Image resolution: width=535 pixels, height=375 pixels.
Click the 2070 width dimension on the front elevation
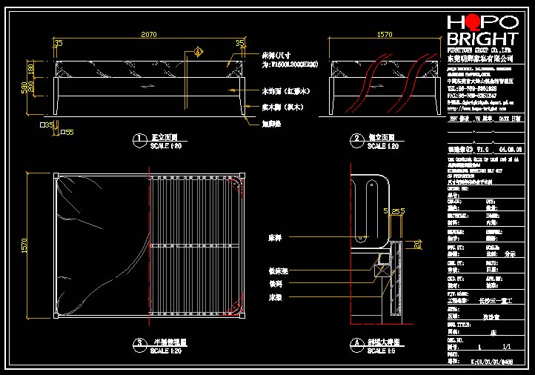pos(149,35)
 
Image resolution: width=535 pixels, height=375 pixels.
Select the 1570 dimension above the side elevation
pos(385,35)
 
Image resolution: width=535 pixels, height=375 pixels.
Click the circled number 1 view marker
pos(138,139)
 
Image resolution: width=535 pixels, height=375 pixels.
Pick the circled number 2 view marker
pos(356,139)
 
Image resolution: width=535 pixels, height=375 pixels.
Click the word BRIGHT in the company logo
pos(482,39)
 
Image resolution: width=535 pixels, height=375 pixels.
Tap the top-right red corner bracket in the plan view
pos(238,182)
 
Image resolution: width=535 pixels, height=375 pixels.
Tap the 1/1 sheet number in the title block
pos(507,347)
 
